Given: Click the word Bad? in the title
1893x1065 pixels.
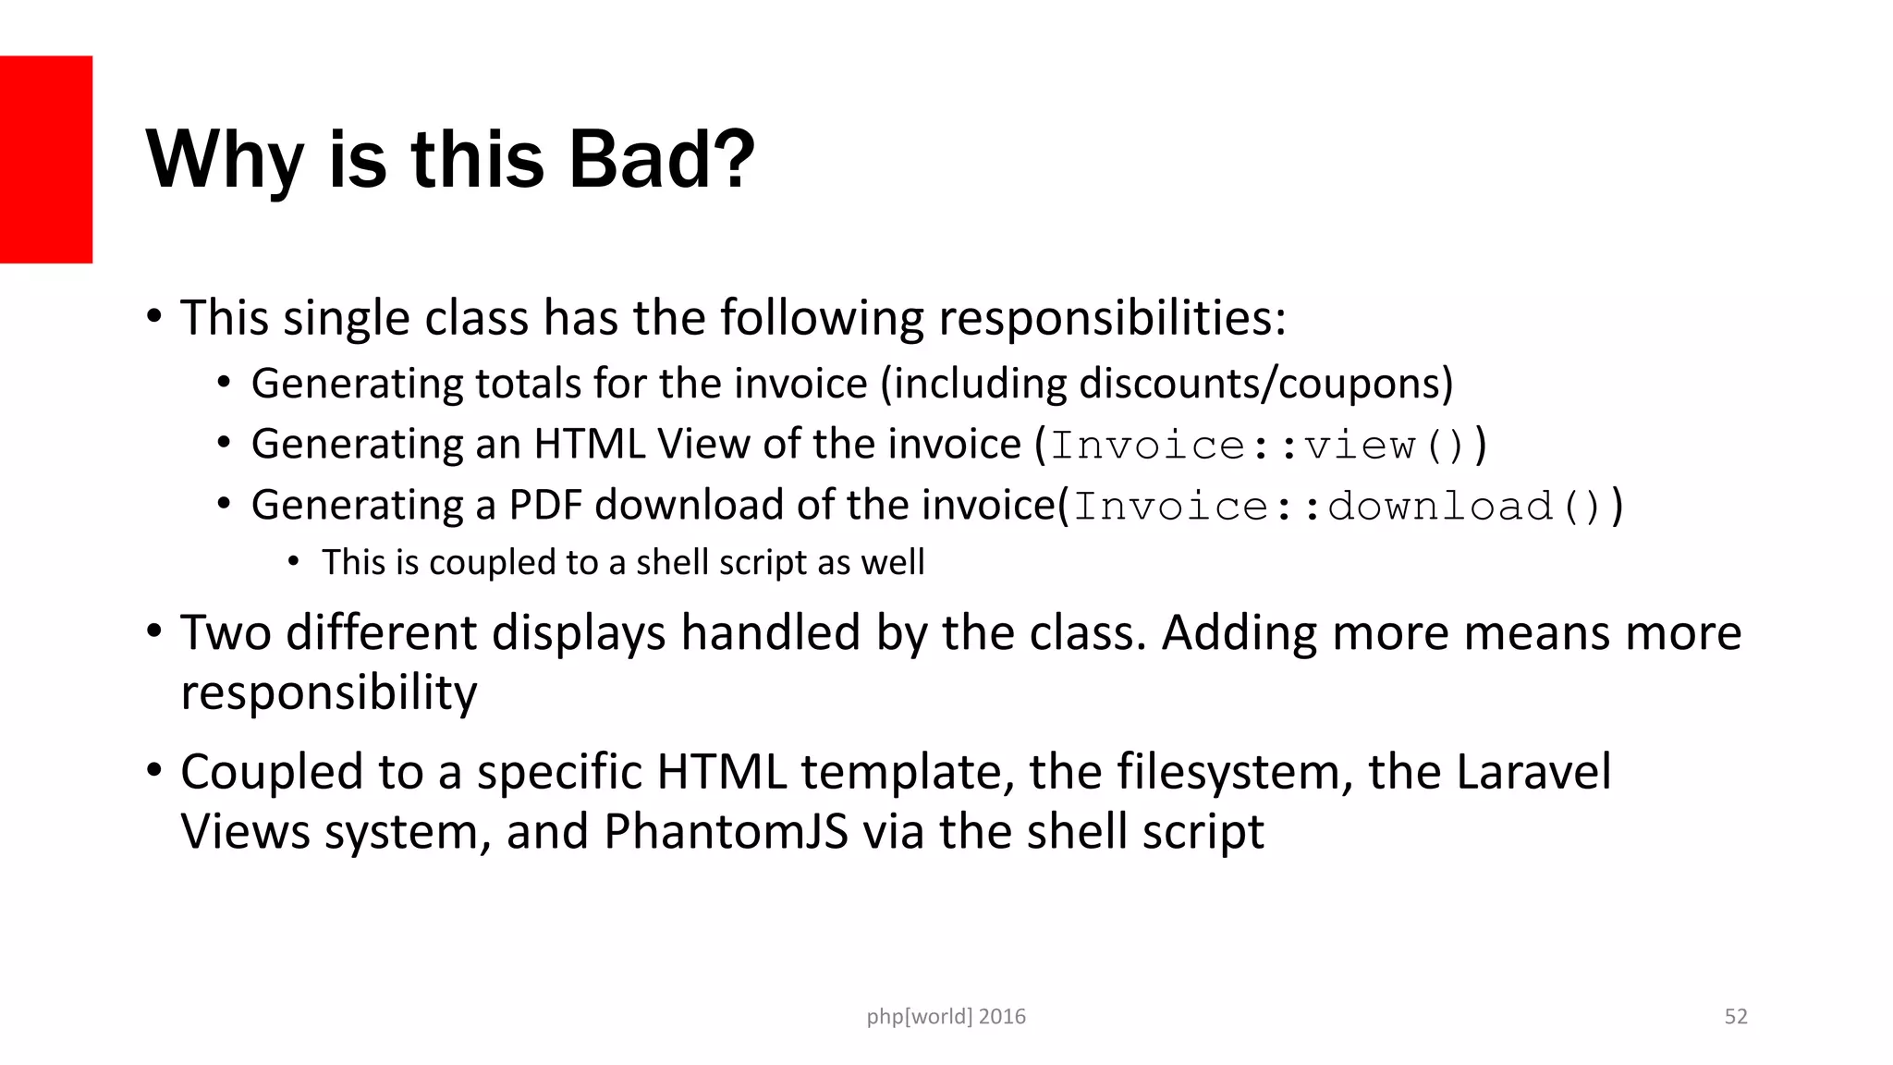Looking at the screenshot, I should point(661,159).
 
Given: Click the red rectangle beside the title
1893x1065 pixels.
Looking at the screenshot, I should point(46,159).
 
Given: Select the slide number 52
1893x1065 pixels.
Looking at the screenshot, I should point(1736,1017).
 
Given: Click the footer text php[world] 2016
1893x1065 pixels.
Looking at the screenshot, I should point(946,1017).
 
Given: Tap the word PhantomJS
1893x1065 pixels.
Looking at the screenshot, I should point(726,831).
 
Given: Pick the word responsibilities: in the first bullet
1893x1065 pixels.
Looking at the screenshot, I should point(1112,318).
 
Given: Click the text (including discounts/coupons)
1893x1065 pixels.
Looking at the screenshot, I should point(1166,384).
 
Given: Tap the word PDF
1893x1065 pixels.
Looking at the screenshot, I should point(545,505).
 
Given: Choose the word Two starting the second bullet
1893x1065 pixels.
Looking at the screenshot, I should point(225,633).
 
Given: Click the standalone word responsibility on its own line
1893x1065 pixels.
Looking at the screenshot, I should point(329,693).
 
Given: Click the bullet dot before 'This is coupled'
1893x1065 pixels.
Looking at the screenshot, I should point(294,561).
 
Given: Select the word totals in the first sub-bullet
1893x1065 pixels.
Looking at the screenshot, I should point(525,384).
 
